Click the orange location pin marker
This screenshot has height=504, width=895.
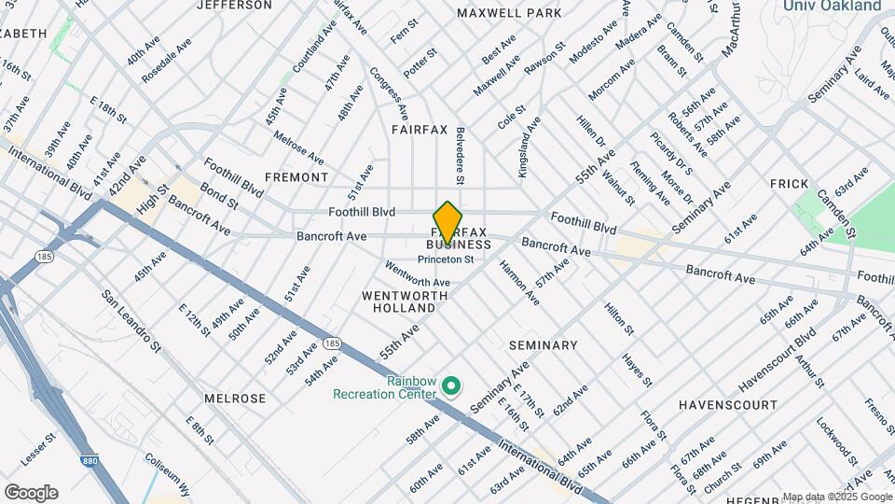coord(447,222)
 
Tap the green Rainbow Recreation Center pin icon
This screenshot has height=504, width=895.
coord(451,385)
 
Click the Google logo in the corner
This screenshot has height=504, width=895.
coord(31,492)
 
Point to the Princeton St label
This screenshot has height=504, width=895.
coord(446,259)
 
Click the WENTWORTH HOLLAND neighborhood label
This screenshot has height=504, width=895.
coord(405,301)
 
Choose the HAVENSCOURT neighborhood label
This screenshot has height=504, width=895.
coord(727,405)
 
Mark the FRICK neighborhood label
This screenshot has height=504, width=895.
coord(789,184)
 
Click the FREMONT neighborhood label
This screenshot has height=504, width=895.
coord(296,177)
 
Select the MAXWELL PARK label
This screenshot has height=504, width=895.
coord(509,13)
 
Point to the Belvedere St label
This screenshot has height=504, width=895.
coord(460,156)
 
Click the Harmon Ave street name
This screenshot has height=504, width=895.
coord(519,283)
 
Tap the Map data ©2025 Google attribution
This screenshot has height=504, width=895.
coord(837,497)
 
